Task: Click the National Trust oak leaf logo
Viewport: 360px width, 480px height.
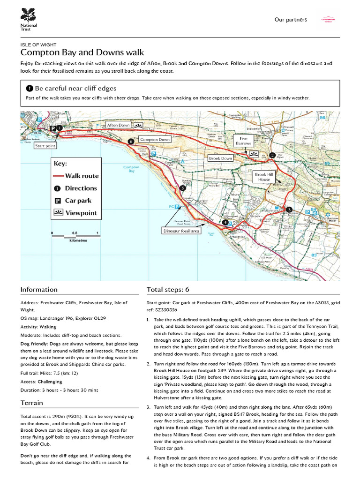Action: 28,14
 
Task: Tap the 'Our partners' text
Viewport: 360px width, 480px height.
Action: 291,20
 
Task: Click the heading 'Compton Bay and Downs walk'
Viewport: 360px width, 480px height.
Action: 82,52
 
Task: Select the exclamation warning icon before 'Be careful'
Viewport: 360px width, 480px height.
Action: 30,88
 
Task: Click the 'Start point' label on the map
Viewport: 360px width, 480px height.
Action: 45,146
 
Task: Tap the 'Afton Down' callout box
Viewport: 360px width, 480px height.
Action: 118,126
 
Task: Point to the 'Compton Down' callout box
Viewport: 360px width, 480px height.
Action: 155,140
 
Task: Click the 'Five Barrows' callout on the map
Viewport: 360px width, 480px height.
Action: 244,141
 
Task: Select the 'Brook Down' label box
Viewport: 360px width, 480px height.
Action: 220,159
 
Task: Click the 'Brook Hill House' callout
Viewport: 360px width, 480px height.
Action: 263,177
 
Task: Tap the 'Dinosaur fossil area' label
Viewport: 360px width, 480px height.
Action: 181,231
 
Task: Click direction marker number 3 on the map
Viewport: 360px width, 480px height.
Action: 289,209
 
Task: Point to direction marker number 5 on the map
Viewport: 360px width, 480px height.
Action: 183,188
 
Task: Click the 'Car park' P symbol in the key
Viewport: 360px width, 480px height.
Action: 57,201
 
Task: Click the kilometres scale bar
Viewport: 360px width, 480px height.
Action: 75,236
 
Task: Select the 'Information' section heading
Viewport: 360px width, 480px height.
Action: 39,290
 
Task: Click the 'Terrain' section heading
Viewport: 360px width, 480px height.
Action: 32,403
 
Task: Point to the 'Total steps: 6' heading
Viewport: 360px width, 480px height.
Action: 168,290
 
